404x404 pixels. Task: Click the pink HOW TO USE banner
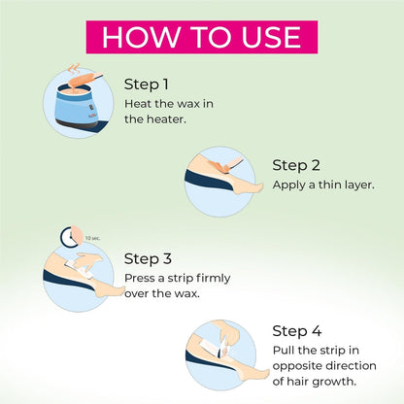[202, 37]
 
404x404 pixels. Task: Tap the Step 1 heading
[147, 84]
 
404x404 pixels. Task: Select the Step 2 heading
[296, 165]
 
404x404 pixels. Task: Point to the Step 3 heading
[148, 258]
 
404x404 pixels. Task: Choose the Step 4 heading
[297, 331]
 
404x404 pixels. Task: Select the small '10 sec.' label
[92, 238]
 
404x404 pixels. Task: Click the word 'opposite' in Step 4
[296, 366]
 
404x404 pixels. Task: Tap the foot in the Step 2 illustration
[248, 186]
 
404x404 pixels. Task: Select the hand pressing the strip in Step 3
[86, 259]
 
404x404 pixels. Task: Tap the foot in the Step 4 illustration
[254, 376]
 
